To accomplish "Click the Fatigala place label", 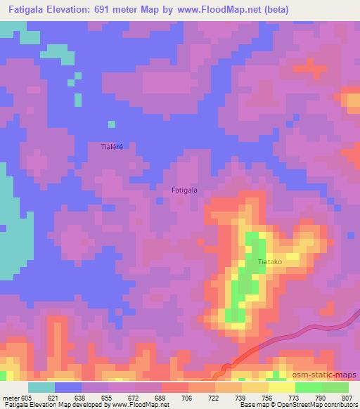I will tap(184, 190).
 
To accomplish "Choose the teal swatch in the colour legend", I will tap(41, 387).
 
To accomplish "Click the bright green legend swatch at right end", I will tap(335, 387).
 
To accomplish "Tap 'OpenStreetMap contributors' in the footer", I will tap(319, 405).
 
